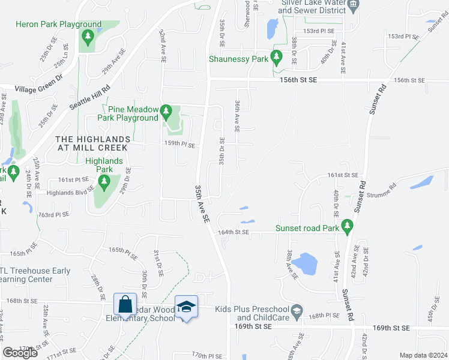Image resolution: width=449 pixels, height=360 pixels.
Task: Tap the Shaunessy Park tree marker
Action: click(277, 58)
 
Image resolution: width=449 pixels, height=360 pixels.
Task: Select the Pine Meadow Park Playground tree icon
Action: click(167, 111)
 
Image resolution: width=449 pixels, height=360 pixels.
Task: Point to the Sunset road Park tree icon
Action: click(346, 226)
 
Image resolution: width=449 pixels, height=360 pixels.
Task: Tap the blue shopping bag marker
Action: click(125, 305)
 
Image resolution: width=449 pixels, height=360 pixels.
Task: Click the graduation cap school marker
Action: click(187, 307)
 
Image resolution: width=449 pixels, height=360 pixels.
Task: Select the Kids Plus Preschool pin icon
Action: click(297, 310)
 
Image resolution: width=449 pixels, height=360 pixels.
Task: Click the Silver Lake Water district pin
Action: click(354, 5)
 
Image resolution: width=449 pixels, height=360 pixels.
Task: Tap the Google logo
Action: click(20, 353)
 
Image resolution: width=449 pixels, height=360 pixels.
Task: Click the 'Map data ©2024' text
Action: click(423, 355)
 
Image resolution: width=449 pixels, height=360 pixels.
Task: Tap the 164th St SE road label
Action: click(233, 232)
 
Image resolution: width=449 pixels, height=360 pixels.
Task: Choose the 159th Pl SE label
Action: click(179, 145)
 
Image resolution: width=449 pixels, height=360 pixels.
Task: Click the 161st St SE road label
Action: click(342, 175)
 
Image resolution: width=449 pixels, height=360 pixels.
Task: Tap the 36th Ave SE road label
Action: click(238, 116)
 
